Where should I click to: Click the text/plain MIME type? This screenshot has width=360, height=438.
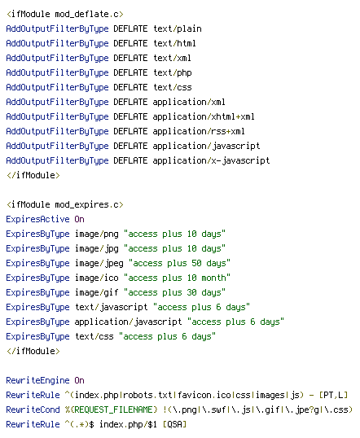(178, 29)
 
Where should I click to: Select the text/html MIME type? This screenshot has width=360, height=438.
(174, 44)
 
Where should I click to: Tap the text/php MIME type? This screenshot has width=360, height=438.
(173, 73)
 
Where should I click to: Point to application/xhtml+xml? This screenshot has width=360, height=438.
(204, 116)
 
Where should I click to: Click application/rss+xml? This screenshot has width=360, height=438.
(199, 132)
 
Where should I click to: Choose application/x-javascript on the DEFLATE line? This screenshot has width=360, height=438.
(211, 161)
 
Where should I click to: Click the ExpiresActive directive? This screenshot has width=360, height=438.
(37, 219)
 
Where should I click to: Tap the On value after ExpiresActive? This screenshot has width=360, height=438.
(79, 219)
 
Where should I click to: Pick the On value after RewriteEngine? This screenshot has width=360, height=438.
(79, 380)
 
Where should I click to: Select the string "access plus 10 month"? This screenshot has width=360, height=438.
(177, 278)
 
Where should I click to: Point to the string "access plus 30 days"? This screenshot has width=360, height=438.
(174, 292)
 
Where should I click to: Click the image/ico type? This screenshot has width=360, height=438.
(96, 278)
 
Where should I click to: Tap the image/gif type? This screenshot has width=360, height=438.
(96, 292)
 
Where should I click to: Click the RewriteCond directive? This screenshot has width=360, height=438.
(33, 410)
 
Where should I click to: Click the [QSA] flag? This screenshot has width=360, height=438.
(174, 425)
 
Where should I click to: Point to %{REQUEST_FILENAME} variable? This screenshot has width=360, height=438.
(112, 410)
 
